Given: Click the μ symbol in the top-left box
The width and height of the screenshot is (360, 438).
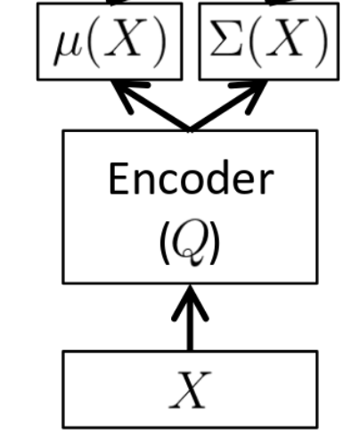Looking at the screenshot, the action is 67,47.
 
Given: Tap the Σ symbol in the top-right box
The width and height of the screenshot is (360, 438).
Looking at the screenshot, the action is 226,37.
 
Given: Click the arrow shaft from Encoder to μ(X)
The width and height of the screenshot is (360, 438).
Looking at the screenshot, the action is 151,105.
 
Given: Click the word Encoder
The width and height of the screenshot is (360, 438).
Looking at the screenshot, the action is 191,178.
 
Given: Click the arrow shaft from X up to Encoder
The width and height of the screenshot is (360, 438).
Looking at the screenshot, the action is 190,318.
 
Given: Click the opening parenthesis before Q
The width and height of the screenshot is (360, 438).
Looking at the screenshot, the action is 165,243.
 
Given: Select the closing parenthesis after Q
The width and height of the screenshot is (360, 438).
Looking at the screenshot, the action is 215,243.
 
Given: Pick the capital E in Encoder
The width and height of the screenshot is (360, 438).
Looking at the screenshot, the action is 119,178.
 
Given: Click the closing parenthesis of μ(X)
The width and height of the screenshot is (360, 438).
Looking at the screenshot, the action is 159,42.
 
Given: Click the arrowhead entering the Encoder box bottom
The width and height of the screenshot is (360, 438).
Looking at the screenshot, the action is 190,302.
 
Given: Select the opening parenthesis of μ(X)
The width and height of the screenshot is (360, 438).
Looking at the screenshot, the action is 94,42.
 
